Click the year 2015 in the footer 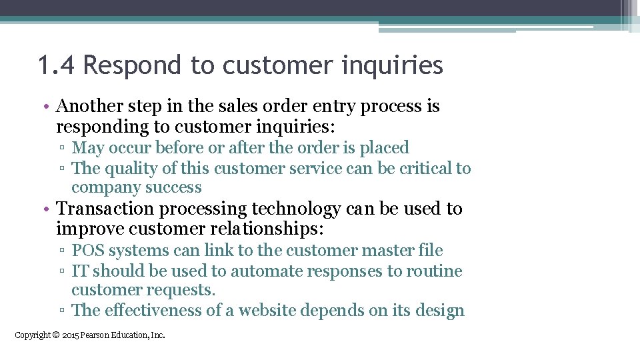click(x=70, y=335)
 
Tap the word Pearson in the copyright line click(x=97, y=335)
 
